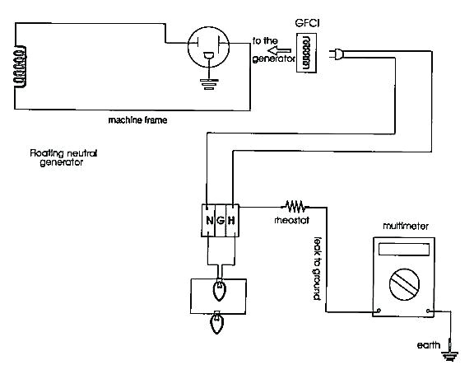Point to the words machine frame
coord(137,120)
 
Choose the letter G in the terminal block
coord(221,220)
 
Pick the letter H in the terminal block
coord(233,220)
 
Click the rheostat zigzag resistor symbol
coord(294,206)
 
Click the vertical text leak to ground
coord(317,268)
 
